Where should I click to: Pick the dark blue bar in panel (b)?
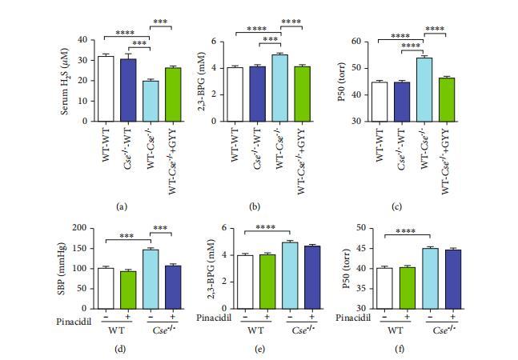coord(258,94)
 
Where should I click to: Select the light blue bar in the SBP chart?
coord(150,278)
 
